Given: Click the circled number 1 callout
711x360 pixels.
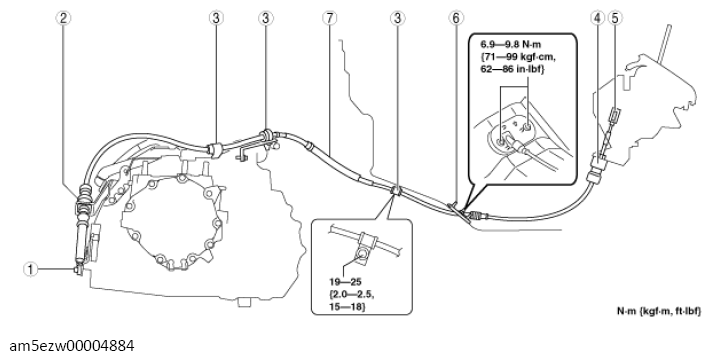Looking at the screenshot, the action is point(30,270).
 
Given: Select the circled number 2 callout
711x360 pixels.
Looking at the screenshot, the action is point(63,18).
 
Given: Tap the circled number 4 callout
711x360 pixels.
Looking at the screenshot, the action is point(598,18).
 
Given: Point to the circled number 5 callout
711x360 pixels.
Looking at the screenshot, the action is point(615,18).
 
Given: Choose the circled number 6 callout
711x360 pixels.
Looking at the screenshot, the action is point(456,18).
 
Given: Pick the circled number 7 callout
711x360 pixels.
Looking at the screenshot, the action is point(330,18).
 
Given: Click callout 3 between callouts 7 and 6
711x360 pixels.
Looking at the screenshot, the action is point(397,18).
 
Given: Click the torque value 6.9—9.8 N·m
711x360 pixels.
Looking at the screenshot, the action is point(511,44).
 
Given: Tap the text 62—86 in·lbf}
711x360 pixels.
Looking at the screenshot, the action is point(512,70).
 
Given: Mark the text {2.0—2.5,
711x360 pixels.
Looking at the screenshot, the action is point(352,295).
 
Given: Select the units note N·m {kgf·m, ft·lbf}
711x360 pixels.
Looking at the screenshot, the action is point(658,311).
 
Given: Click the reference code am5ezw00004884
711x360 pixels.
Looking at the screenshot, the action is point(72,346).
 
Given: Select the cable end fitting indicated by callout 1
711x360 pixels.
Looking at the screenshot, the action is point(78,270).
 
